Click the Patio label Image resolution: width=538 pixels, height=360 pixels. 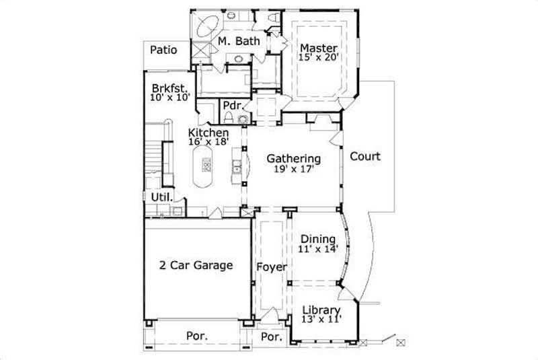point(163,49)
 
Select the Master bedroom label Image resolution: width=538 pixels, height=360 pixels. point(317,48)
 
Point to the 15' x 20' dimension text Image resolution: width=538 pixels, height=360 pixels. point(317,58)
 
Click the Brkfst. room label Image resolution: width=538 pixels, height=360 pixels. point(169,87)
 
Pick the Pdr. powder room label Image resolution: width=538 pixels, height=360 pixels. point(232,106)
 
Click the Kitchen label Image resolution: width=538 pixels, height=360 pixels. point(208,133)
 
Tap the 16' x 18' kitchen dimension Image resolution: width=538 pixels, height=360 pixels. point(208,142)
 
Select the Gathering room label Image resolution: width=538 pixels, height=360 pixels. point(293,159)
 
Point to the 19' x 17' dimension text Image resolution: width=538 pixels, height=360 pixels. point(293,170)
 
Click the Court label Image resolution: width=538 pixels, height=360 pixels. point(365,157)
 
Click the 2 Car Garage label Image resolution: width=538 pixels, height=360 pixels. point(196,265)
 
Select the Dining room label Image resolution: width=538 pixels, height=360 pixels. point(318,239)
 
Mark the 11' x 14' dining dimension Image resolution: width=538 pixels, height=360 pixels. point(318,249)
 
